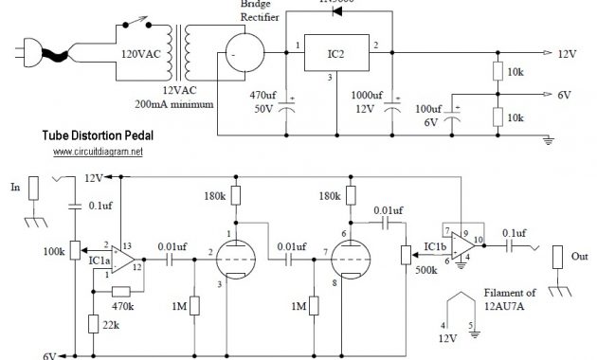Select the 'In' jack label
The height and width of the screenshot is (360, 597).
point(14,189)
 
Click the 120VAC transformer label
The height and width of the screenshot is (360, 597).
point(137,55)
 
